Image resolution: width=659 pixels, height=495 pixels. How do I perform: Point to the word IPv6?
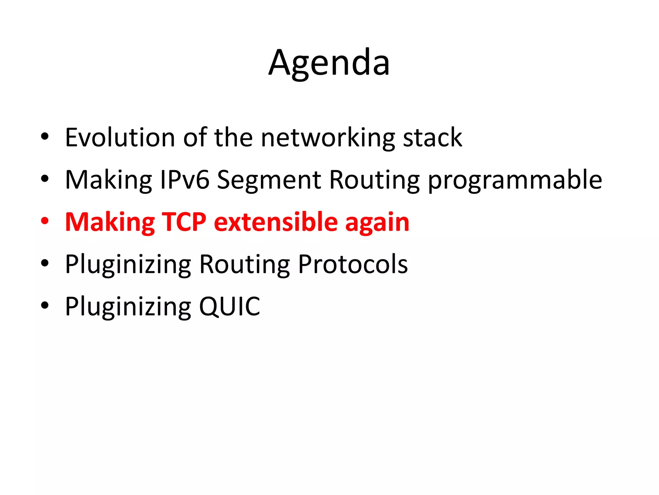click(x=185, y=180)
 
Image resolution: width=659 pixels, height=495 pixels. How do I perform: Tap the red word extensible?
click(x=276, y=222)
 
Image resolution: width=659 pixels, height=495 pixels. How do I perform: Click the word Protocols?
click(x=353, y=264)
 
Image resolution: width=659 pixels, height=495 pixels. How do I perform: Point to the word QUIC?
click(x=229, y=306)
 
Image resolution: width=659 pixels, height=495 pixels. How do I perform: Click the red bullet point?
click(x=45, y=221)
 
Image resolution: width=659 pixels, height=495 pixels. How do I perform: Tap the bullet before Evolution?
click(x=45, y=137)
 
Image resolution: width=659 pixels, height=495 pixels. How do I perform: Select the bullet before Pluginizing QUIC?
click(x=45, y=305)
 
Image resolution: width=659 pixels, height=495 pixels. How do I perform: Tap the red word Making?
click(x=110, y=223)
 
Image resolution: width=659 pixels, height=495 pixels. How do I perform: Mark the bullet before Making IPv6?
click(x=45, y=179)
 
